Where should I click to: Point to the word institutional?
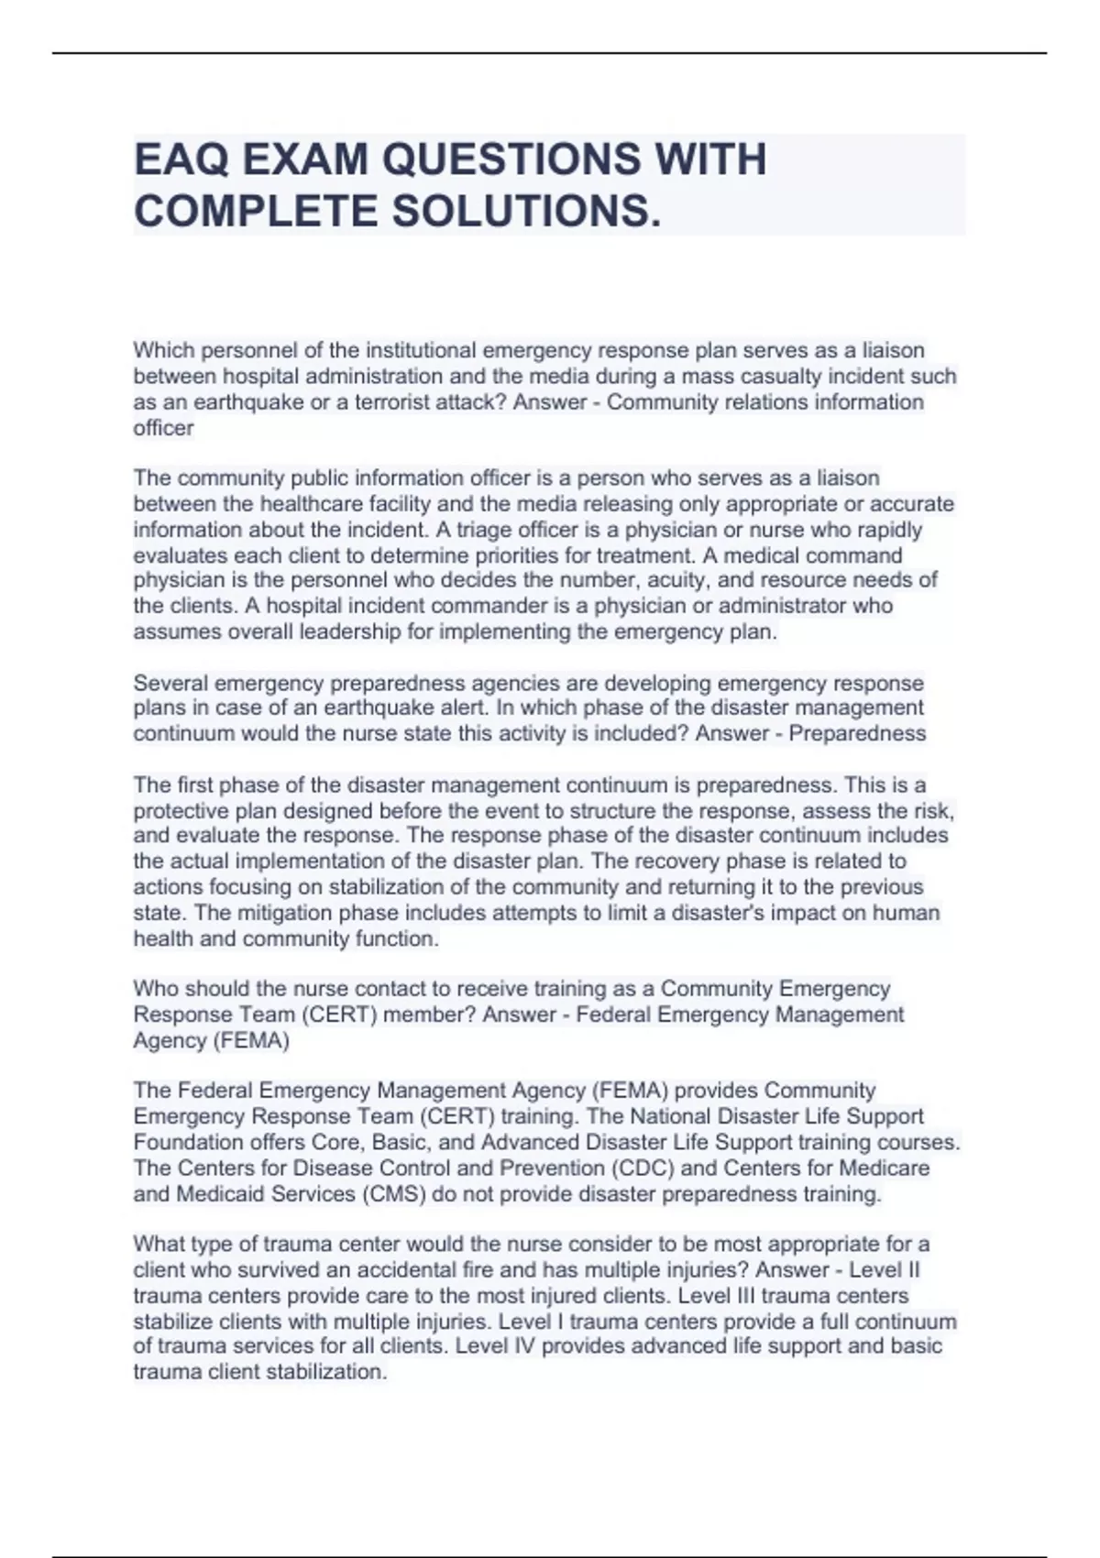[421, 350]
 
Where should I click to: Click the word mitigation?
[284, 913]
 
